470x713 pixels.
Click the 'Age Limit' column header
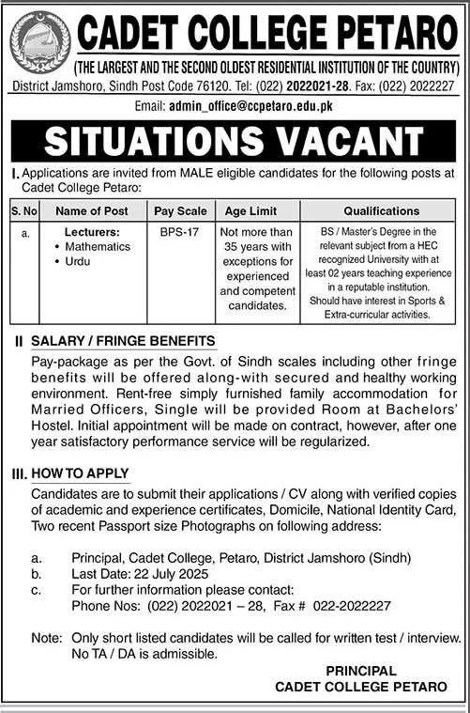coord(244,211)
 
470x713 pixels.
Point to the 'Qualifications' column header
coord(369,211)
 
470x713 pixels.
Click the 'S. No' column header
coord(23,211)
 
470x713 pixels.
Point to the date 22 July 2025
coord(172,573)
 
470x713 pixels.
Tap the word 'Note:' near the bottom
coord(45,637)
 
